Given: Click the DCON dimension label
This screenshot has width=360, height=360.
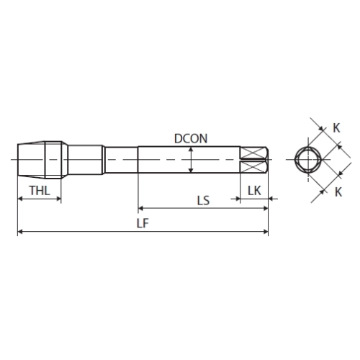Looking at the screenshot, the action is pyautogui.click(x=191, y=138).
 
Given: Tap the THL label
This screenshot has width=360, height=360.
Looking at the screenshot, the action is pyautogui.click(x=40, y=191).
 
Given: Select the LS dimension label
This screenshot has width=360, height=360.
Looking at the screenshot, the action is pyautogui.click(x=203, y=200).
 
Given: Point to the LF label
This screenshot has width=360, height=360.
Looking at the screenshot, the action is pyautogui.click(x=143, y=223).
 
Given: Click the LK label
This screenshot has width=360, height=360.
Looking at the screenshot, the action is pyautogui.click(x=254, y=191).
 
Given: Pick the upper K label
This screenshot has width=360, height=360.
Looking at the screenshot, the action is pyautogui.click(x=336, y=128).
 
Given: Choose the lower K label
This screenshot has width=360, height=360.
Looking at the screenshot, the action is pyautogui.click(x=338, y=192).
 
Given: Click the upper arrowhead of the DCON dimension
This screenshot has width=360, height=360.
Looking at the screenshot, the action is pyautogui.click(x=191, y=149).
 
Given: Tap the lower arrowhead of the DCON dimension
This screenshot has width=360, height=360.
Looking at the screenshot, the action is pyautogui.click(x=191, y=170).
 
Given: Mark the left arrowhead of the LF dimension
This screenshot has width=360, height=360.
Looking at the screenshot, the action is pyautogui.click(x=20, y=232).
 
